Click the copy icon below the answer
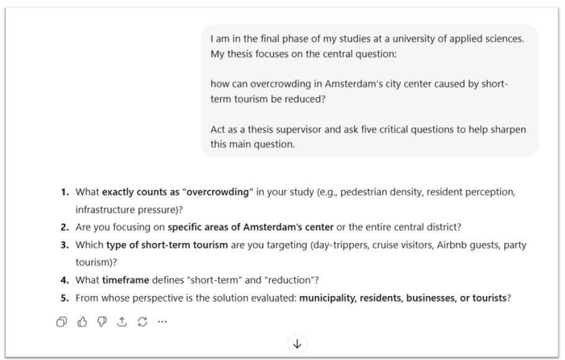tap(61, 322)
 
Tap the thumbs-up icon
tap(82, 322)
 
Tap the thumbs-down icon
tap(102, 322)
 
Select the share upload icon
tap(122, 322)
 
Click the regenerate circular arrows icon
tap(142, 322)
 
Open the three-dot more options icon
tap(162, 322)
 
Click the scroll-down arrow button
tap(297, 344)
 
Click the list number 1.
tap(65, 192)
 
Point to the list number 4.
tap(65, 280)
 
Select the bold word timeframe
tap(126, 280)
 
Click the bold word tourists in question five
tap(488, 297)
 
